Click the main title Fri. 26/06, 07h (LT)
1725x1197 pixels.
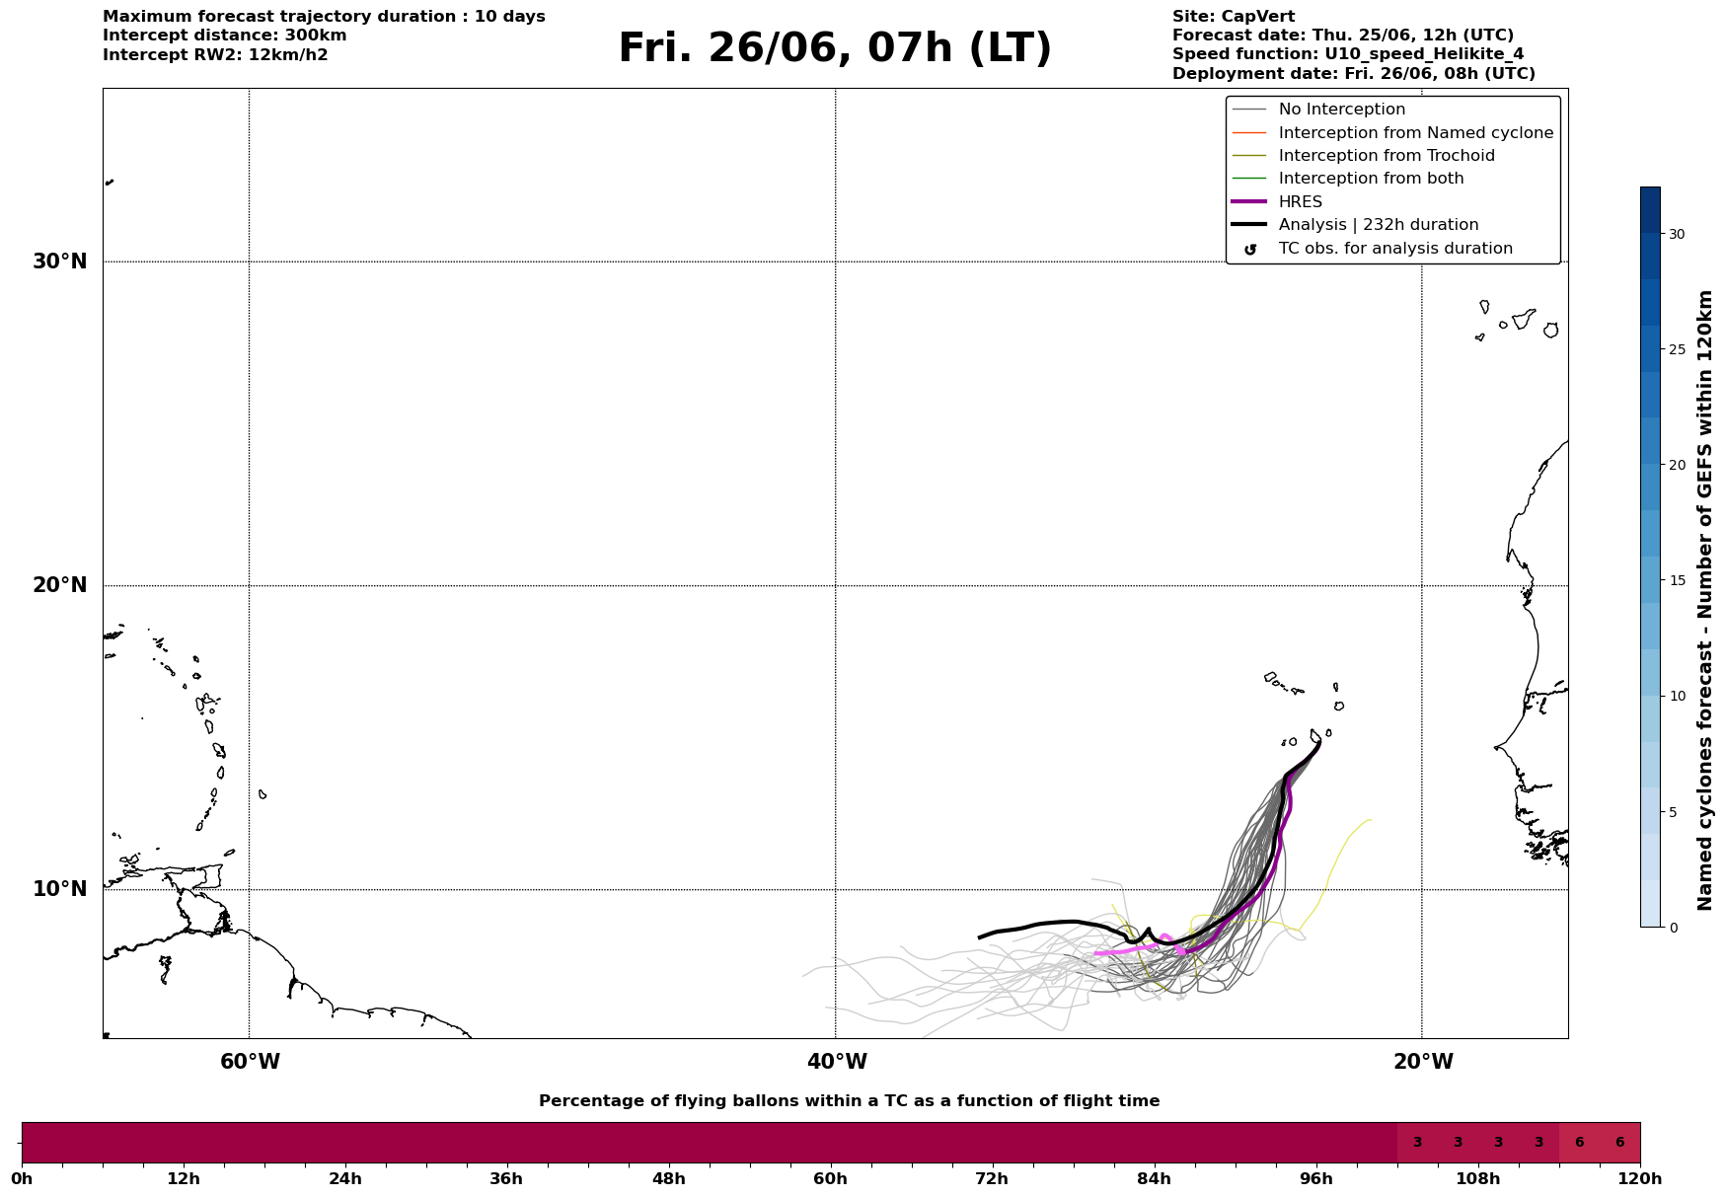coord(835,48)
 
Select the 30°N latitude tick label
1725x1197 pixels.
coord(60,262)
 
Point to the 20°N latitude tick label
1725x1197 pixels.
coord(60,585)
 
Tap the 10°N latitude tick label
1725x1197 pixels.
coord(60,889)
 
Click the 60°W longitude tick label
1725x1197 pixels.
coord(250,1062)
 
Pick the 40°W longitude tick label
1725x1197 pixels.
coord(837,1062)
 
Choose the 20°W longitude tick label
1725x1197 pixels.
coord(1423,1062)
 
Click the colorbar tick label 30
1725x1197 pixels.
coord(1677,234)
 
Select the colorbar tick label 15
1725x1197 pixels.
coord(1677,580)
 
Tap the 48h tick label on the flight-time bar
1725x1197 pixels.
coord(668,1179)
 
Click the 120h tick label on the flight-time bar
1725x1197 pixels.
coord(1640,1179)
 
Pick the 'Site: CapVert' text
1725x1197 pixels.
coord(1234,17)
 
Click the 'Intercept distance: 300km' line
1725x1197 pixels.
coord(225,36)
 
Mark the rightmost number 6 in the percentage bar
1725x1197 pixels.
coord(1619,1143)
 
